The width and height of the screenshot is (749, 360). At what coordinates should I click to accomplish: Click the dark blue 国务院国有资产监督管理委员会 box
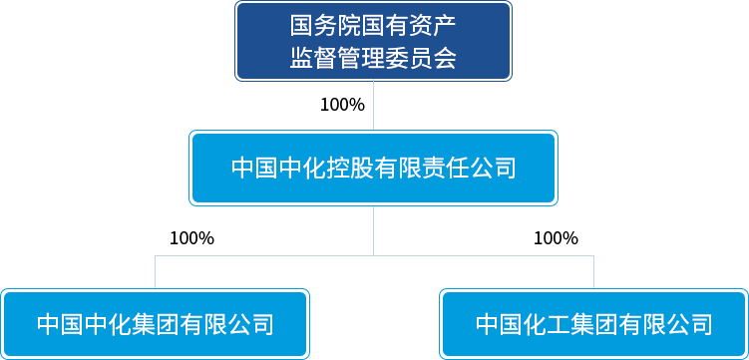[373, 41]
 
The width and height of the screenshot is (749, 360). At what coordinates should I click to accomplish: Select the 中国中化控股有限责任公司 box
[373, 169]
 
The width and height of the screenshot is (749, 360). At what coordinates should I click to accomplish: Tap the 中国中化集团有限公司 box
[155, 324]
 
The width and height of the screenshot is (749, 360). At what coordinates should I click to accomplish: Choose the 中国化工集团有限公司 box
[593, 324]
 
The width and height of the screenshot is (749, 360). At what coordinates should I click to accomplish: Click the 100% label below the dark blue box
[342, 105]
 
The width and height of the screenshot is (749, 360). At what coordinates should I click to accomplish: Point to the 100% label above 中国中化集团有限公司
[192, 238]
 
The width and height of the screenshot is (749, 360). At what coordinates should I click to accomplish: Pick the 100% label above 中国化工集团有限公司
[557, 238]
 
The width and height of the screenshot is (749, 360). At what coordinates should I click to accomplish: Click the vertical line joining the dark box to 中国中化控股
[374, 106]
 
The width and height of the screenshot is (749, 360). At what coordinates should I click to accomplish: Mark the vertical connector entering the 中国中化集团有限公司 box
[155, 272]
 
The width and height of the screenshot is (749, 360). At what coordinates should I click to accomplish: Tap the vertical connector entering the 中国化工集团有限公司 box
[593, 272]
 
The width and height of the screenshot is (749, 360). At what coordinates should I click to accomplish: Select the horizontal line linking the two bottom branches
[374, 255]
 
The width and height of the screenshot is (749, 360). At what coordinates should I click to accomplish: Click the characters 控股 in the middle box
[350, 169]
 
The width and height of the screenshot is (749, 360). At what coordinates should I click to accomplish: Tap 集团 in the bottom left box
[156, 325]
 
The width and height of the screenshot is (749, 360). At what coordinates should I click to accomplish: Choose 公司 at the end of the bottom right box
[689, 325]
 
